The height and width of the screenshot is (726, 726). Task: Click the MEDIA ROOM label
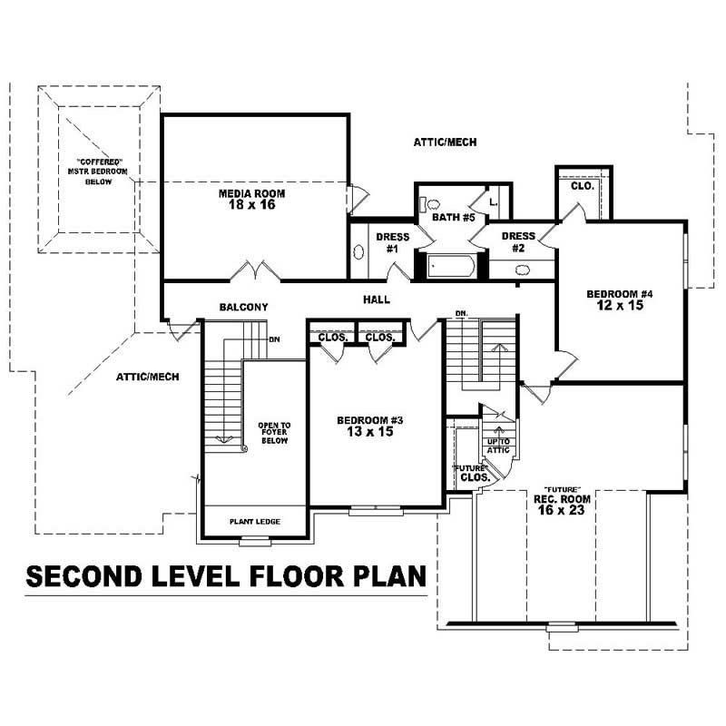tap(252, 193)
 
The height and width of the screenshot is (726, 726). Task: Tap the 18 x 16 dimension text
tap(252, 205)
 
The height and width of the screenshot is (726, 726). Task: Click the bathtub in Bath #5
tap(450, 267)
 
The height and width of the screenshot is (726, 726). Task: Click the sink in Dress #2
tap(523, 270)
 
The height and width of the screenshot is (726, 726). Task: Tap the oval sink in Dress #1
tap(359, 252)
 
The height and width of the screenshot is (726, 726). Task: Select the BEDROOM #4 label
tap(620, 294)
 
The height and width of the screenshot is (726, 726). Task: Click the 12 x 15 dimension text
tap(620, 307)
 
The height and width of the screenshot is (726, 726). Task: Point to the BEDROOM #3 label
tap(369, 420)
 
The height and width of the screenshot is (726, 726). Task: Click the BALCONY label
tap(243, 308)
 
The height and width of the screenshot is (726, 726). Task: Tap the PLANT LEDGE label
tap(255, 521)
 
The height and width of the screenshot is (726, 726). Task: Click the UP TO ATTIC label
tap(499, 445)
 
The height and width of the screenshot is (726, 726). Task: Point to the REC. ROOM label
tap(562, 499)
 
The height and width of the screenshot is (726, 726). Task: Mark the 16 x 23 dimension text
tap(562, 512)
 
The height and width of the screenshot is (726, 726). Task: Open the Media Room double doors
tap(255, 271)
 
